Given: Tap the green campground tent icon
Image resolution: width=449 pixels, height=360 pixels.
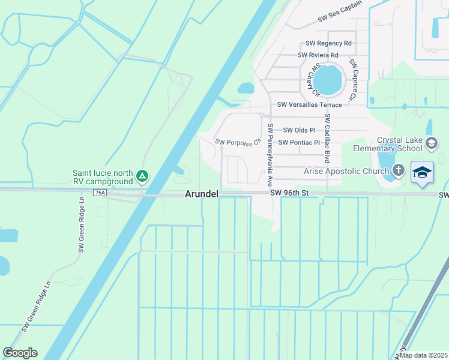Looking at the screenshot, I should pos(142,176).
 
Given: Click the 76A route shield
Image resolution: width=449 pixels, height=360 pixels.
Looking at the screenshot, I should pos(100,193).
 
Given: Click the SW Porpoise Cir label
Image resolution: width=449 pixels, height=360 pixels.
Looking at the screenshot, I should pos(239,142).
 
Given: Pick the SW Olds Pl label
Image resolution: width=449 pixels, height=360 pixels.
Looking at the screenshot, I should pos(299,130).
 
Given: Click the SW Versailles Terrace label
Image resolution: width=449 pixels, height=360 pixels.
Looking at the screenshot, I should pos(309,105).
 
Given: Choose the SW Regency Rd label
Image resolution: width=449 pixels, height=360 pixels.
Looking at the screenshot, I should pos(328,43).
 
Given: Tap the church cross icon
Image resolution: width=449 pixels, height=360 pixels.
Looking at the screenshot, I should pos(397,170).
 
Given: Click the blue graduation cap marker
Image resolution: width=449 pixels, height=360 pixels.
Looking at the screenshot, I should pos(422,172).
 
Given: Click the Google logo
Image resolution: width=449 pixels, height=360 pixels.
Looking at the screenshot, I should pos(20,353).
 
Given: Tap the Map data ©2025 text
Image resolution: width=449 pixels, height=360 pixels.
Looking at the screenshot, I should pos(423,355).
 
